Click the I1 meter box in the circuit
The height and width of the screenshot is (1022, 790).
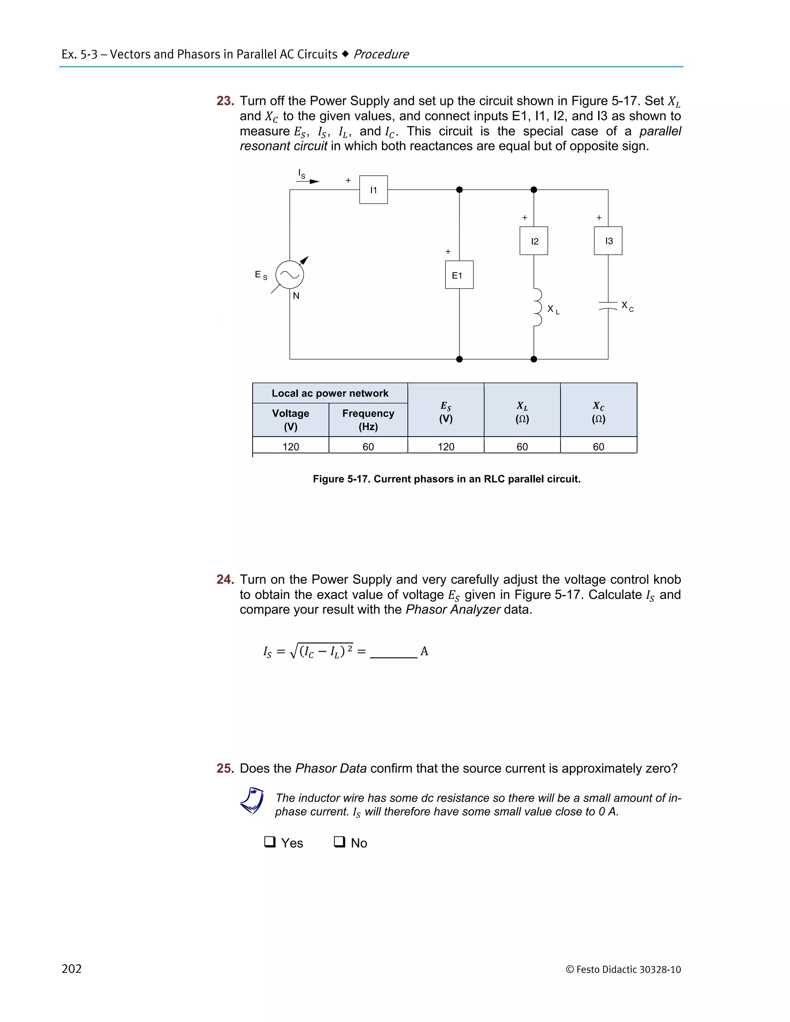373,189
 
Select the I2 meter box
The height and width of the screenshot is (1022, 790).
533,241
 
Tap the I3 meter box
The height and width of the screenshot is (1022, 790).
608,241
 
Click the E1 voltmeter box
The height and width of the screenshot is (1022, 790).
459,275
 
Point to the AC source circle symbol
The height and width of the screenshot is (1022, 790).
290,275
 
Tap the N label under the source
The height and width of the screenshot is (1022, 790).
296,296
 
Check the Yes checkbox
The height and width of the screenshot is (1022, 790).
270,842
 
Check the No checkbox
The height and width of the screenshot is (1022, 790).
339,842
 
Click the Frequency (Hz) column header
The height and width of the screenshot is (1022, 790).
368,420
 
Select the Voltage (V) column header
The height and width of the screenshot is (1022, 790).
290,420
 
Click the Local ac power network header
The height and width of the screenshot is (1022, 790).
330,393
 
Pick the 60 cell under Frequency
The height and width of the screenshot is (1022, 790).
368,447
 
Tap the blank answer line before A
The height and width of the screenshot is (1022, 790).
393,653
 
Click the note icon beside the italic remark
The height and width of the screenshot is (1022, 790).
252,801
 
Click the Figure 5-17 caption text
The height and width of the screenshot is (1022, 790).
446,479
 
